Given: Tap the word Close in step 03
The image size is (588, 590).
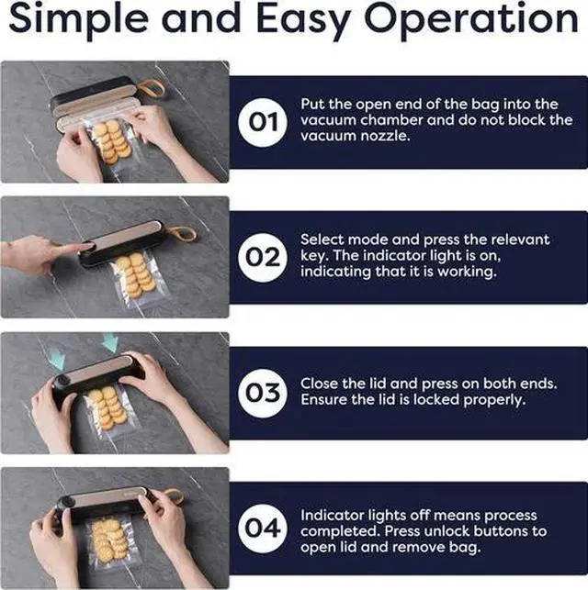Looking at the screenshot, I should pyautogui.click(x=321, y=383).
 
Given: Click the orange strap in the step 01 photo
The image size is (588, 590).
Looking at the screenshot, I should pyautogui.click(x=153, y=89).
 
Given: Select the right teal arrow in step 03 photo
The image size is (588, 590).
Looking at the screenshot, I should pyautogui.click(x=111, y=342).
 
